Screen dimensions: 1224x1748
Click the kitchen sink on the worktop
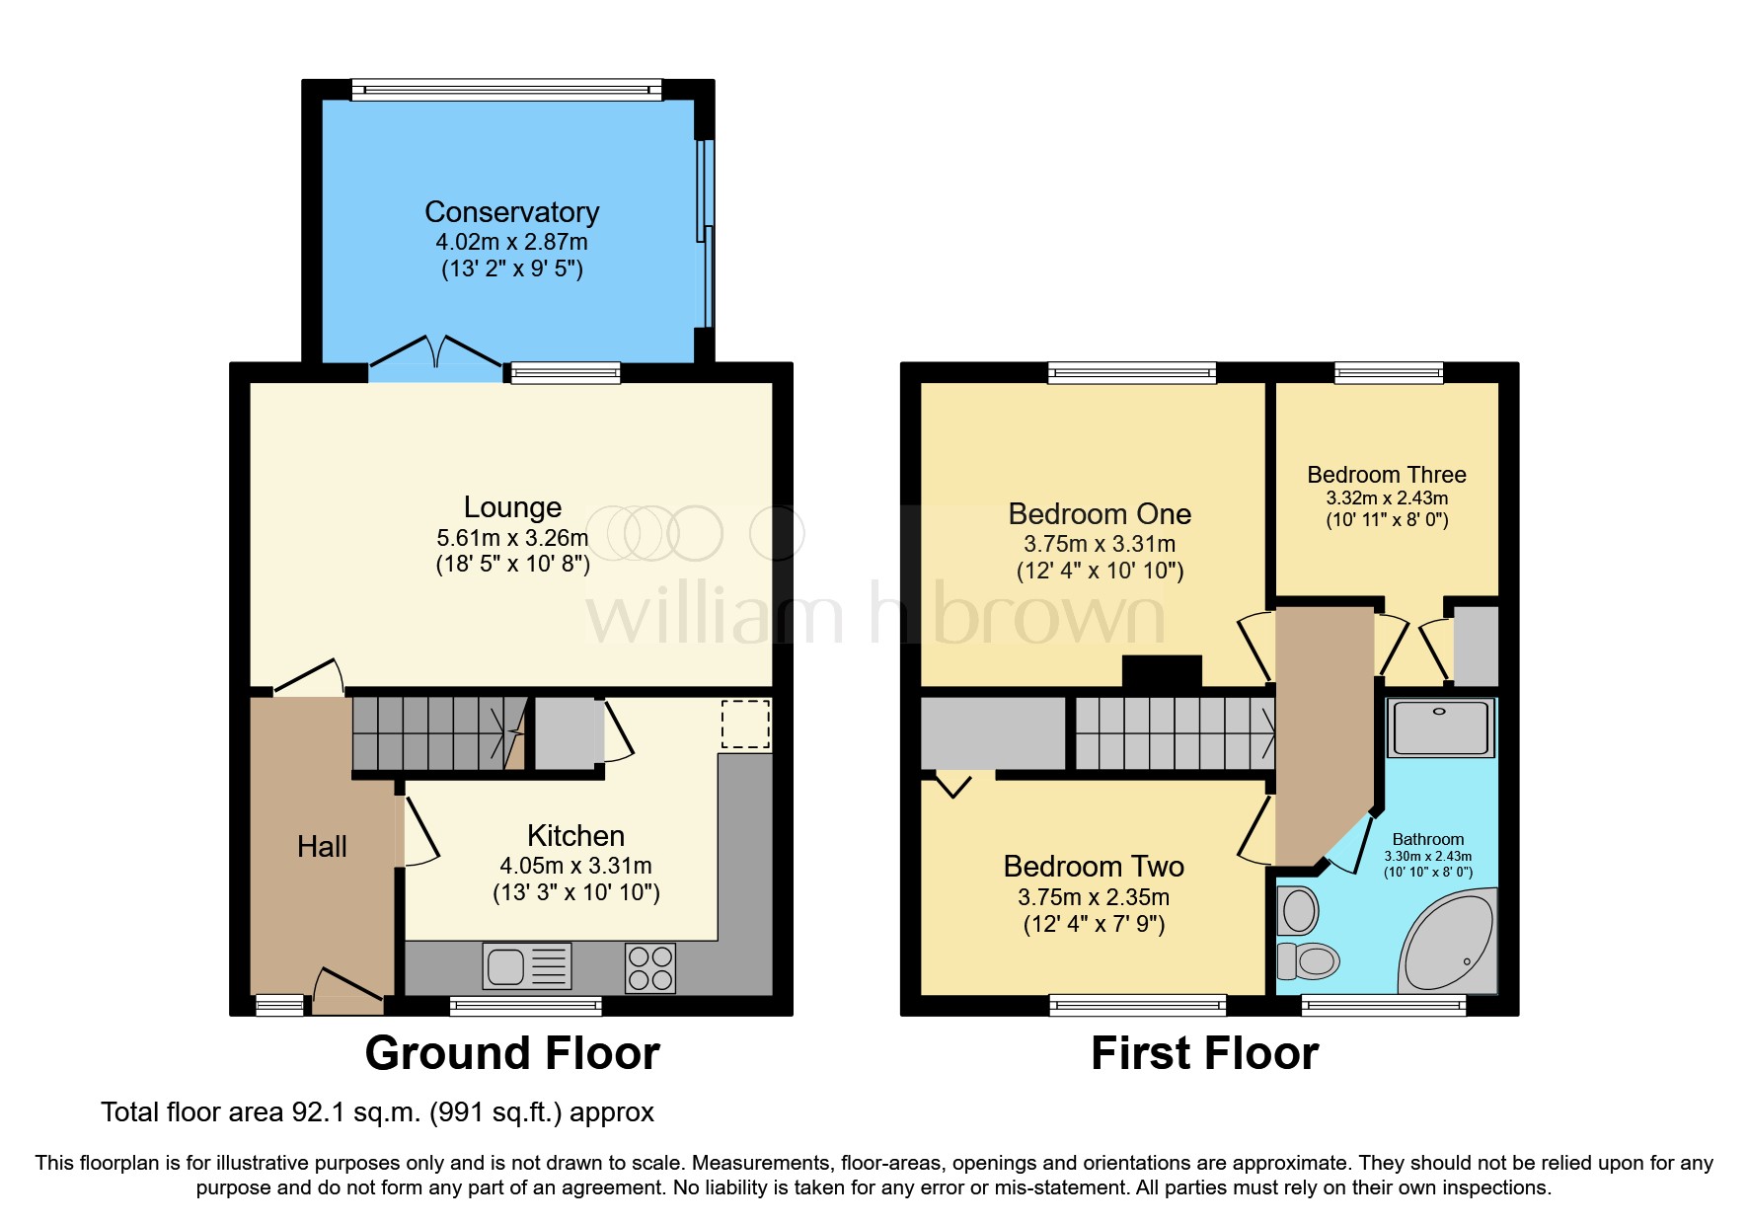click(526, 965)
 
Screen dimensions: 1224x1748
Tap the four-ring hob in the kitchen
click(650, 967)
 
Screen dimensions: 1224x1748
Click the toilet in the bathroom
click(1309, 959)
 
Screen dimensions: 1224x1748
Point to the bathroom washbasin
click(1299, 911)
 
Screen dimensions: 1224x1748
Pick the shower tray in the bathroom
click(1440, 727)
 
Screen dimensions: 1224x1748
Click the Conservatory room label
click(511, 212)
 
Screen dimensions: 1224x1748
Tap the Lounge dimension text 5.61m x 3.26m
click(511, 538)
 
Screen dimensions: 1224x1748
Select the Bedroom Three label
click(1386, 475)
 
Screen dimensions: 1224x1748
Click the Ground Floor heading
click(511, 1053)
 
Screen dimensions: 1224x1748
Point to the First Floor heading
click(1204, 1053)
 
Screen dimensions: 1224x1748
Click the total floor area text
click(377, 1112)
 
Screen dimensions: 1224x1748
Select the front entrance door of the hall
click(348, 988)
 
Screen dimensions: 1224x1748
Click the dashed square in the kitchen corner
click(745, 724)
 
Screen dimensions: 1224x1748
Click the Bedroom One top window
click(1131, 373)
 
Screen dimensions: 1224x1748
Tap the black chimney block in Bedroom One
click(1162, 671)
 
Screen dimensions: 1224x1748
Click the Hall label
click(322, 847)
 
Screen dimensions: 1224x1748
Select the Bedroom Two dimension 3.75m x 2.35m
click(1094, 897)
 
